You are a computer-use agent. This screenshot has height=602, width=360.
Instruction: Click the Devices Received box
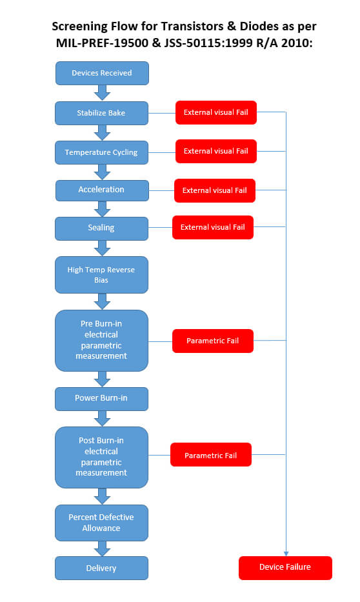click(x=102, y=73)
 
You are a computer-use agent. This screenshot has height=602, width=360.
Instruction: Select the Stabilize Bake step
click(x=101, y=113)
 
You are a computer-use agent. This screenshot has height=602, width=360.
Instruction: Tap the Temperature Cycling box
click(x=101, y=152)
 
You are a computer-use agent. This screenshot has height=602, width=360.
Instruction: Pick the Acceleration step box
click(x=102, y=190)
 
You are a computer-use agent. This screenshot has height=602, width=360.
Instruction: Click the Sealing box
click(x=101, y=228)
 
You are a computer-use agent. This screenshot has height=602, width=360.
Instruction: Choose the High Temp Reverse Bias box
click(x=101, y=275)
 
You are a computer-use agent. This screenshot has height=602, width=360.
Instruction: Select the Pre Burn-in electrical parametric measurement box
click(x=101, y=341)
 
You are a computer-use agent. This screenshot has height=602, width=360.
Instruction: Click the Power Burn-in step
click(x=101, y=399)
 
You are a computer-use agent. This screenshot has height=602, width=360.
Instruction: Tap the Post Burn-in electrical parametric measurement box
click(x=101, y=457)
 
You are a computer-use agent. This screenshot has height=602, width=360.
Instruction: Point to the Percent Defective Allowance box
click(x=101, y=523)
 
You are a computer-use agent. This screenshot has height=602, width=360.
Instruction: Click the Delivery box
click(x=101, y=568)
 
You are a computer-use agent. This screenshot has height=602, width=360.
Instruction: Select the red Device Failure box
click(x=285, y=568)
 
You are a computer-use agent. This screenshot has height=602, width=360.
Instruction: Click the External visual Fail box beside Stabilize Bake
click(x=216, y=112)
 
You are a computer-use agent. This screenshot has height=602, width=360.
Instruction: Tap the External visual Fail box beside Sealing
click(x=213, y=227)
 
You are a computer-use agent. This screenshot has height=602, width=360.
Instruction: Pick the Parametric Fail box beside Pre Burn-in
click(x=213, y=341)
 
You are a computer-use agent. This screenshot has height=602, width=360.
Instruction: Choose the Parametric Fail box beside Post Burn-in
click(x=211, y=455)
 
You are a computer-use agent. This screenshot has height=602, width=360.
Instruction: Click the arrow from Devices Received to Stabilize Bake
click(x=102, y=93)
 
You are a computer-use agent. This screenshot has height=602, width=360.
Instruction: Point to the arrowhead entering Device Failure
click(x=286, y=554)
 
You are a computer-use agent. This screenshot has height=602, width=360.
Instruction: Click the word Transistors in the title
click(x=192, y=26)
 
